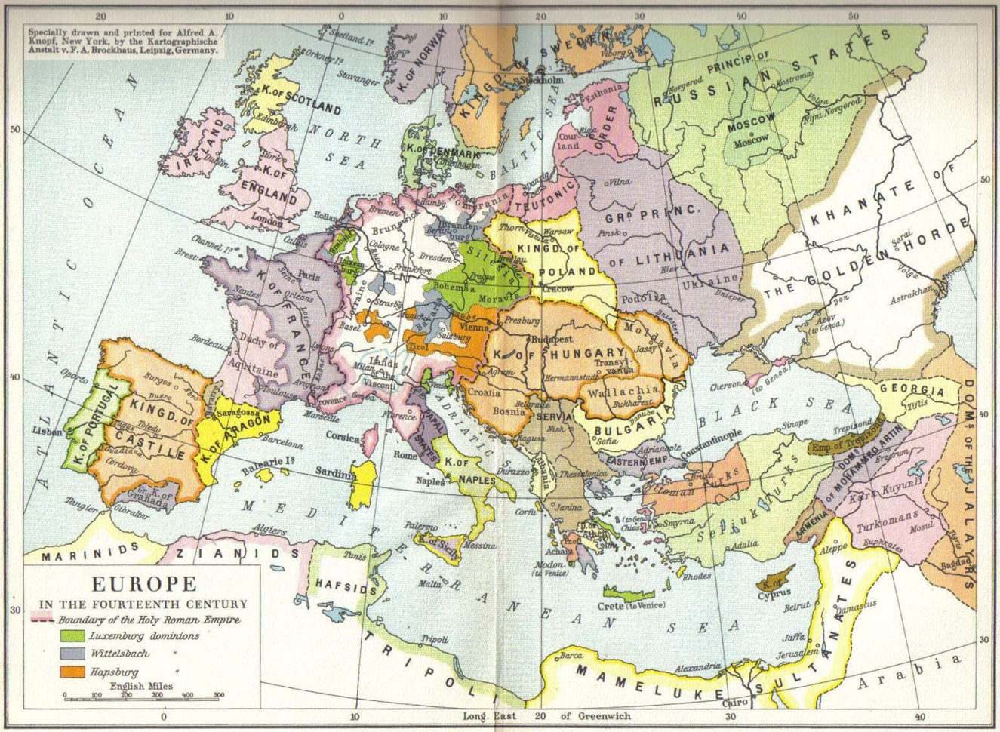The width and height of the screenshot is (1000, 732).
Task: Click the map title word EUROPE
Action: (x=144, y=585)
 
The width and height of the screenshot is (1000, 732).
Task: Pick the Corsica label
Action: (x=343, y=435)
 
